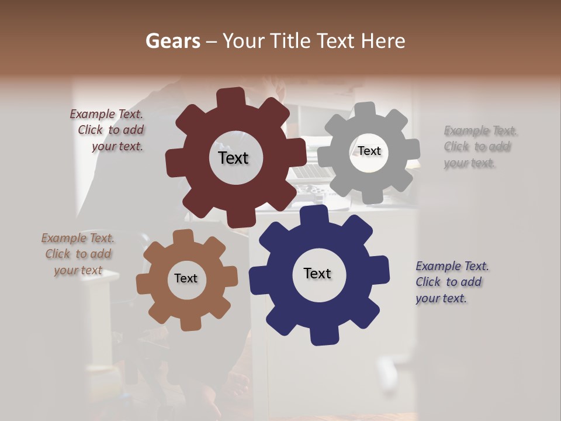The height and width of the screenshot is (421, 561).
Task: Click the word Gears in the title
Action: pyautogui.click(x=172, y=41)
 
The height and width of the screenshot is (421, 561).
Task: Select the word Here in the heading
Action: pyautogui.click(x=383, y=41)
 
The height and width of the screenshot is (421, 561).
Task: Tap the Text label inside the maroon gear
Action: pyautogui.click(x=233, y=158)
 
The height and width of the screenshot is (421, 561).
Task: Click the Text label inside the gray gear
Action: pyautogui.click(x=369, y=151)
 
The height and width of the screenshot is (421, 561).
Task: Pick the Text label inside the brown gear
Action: pyautogui.click(x=186, y=278)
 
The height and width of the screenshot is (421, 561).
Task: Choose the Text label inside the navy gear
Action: pyautogui.click(x=317, y=273)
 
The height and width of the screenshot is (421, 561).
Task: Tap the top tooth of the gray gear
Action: pyautogui.click(x=365, y=110)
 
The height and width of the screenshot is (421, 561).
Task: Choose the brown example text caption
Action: pyautogui.click(x=78, y=254)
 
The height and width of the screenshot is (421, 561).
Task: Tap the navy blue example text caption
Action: pyautogui.click(x=451, y=282)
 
